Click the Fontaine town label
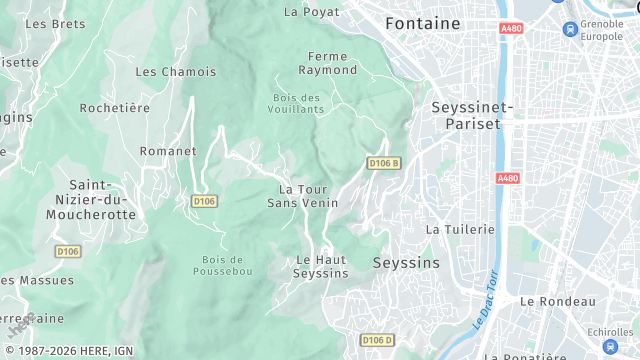pyautogui.click(x=423, y=23)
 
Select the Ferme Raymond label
pyautogui.click(x=327, y=63)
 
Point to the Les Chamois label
pyautogui.click(x=175, y=72)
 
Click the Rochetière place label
pyautogui.click(x=115, y=108)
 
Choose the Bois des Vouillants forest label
pyautogui.click(x=297, y=103)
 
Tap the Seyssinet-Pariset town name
pyautogui.click(x=472, y=115)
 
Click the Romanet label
pyautogui.click(x=169, y=151)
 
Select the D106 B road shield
pyautogui.click(x=383, y=163)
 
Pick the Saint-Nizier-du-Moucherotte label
pyautogui.click(x=102, y=199)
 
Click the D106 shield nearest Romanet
pyautogui.click(x=204, y=201)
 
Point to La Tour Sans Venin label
pyautogui.click(x=302, y=195)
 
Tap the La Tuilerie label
pyautogui.click(x=460, y=229)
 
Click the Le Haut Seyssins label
pyautogui.click(x=321, y=266)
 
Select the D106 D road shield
pyautogui.click(x=377, y=341)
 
